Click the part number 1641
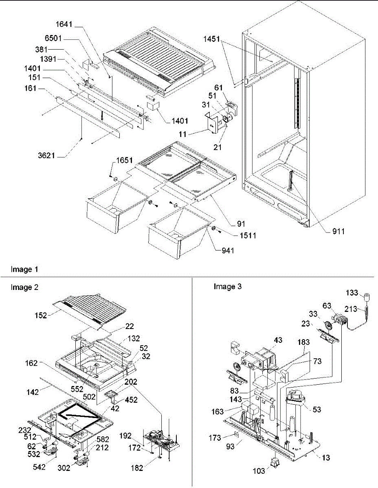pyautogui.click(x=64, y=24)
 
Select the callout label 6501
pyautogui.click(x=53, y=38)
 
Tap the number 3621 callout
pyautogui.click(x=46, y=155)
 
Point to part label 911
pyautogui.click(x=338, y=231)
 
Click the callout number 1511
pyautogui.click(x=248, y=235)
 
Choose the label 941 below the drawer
pyautogui.click(x=228, y=251)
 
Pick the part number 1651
pyautogui.click(x=124, y=160)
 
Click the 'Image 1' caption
pyautogui.click(x=24, y=269)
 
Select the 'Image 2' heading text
pyautogui.click(x=24, y=287)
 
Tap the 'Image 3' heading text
pyautogui.click(x=228, y=286)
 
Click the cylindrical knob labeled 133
pyautogui.click(x=367, y=298)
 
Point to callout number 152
pyautogui.click(x=41, y=315)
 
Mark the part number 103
pyautogui.click(x=259, y=471)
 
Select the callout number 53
pyautogui.click(x=317, y=410)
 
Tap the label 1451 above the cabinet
pyautogui.click(x=211, y=39)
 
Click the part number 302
pyautogui.click(x=64, y=468)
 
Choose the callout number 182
pyautogui.click(x=137, y=468)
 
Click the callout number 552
pyautogui.click(x=77, y=389)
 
